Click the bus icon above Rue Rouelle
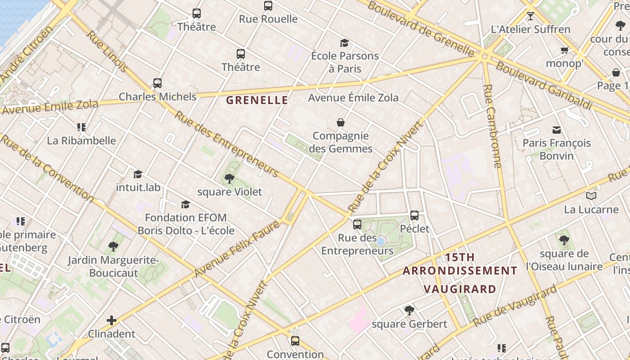(x=268, y=6)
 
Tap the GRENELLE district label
(x=257, y=100)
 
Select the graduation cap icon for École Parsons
(x=344, y=43)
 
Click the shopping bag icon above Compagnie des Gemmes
(x=341, y=122)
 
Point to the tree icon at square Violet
(x=229, y=179)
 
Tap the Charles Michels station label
(x=157, y=97)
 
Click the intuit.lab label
(x=138, y=187)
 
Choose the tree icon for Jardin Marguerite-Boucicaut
(x=113, y=247)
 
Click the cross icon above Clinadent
(x=111, y=320)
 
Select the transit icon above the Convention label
(x=295, y=341)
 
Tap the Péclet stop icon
(x=414, y=215)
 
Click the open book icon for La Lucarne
(x=591, y=196)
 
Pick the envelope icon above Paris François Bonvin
(x=557, y=130)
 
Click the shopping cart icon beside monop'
(x=564, y=50)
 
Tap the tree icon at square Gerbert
(x=409, y=310)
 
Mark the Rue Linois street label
(x=107, y=51)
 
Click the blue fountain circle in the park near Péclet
(x=381, y=242)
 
